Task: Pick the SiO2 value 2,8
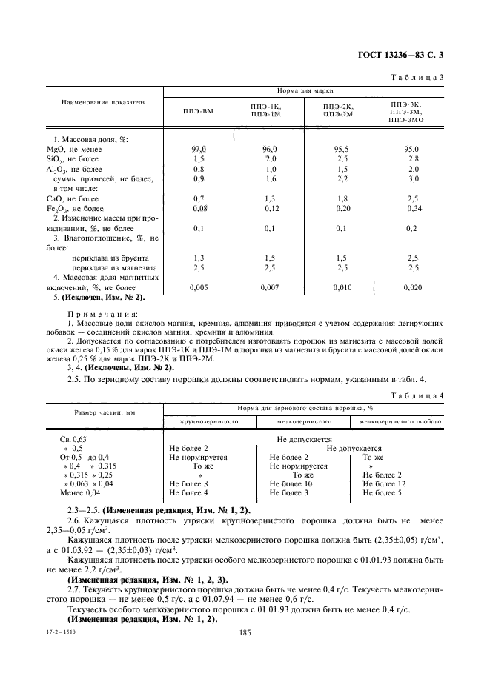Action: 413,159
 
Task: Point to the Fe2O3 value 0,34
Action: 413,209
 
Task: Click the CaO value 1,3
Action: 269,198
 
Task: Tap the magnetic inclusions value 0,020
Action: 413,287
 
